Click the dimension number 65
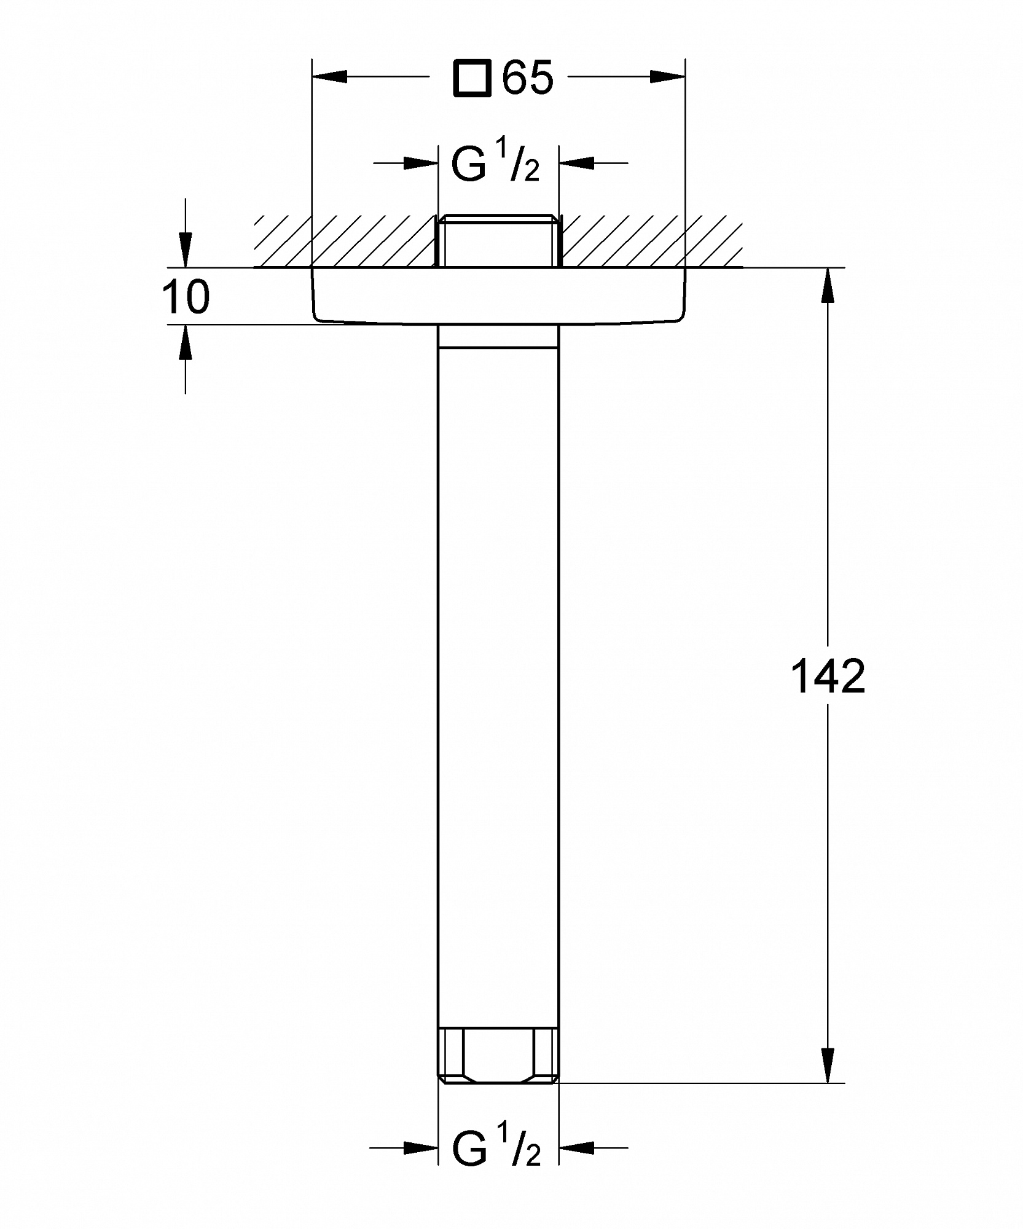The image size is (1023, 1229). tap(528, 77)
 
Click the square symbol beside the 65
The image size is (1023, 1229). tap(472, 78)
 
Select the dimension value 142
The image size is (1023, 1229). tap(828, 676)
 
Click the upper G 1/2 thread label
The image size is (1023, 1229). tap(495, 164)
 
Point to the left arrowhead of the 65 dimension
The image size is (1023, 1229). tap(329, 77)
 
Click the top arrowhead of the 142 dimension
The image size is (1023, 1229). tap(828, 285)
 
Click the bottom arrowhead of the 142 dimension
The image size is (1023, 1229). tap(828, 1065)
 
